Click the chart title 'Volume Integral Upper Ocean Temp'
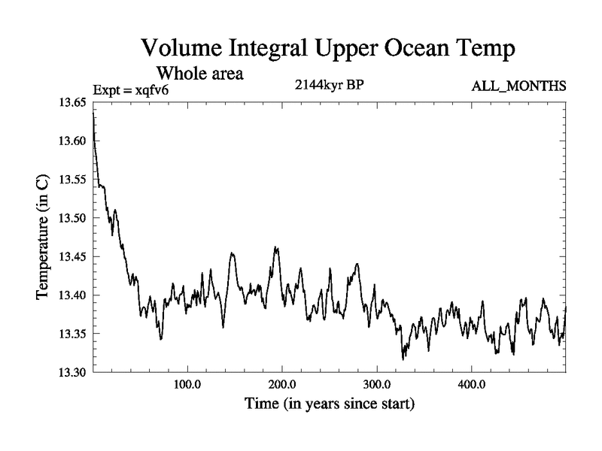coord(328,50)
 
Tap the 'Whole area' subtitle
coord(199,74)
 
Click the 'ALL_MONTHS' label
coord(518,87)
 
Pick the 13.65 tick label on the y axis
coord(72,102)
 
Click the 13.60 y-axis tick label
coord(72,141)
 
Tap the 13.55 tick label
coord(72,180)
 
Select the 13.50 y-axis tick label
coord(72,218)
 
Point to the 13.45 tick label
coord(72,256)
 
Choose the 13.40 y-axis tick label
coord(72,295)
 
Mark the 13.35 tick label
coord(72,334)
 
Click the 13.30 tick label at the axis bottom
coord(72,372)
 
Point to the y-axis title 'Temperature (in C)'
coord(43,238)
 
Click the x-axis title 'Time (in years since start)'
coord(330,404)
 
